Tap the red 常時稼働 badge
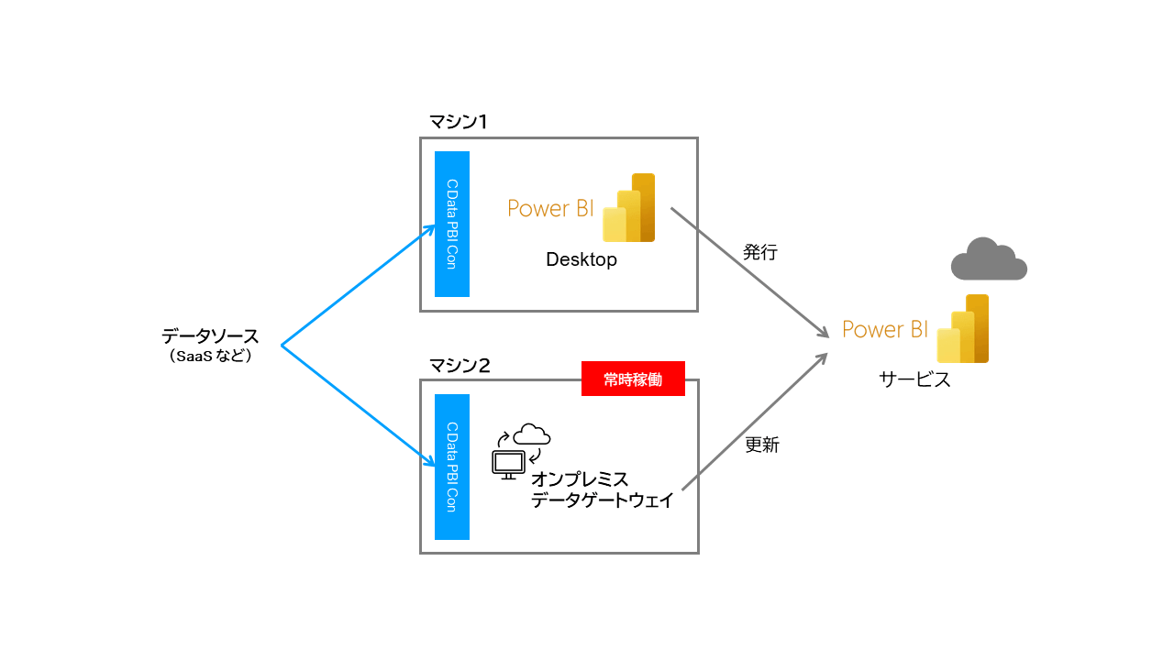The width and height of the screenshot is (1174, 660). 633,379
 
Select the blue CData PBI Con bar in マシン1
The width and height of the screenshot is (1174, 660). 452,225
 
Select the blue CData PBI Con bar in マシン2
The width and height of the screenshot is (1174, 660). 452,467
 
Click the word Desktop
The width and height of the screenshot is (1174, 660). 581,259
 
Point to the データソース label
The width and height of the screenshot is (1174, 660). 210,336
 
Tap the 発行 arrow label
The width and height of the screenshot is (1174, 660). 760,252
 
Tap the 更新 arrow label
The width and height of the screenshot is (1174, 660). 761,445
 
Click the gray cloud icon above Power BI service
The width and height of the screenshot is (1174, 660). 988,259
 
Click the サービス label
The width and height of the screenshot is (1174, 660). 914,379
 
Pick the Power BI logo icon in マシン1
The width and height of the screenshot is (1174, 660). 629,208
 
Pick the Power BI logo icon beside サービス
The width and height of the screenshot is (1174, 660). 963,329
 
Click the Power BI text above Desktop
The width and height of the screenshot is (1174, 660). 551,208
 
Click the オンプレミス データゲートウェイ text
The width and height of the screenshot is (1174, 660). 603,490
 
